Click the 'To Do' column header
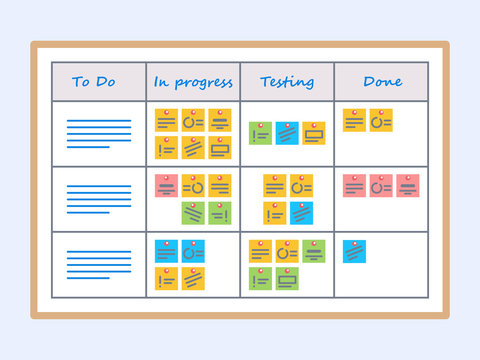pyautogui.click(x=94, y=82)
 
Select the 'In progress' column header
pyautogui.click(x=192, y=82)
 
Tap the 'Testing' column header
pyautogui.click(x=286, y=82)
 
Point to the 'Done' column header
pyautogui.click(x=382, y=82)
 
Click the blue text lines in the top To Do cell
pyautogui.click(x=98, y=133)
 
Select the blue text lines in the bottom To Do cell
pyautogui.click(x=98, y=263)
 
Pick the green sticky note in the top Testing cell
pyautogui.click(x=260, y=133)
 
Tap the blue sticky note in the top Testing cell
pyautogui.click(x=287, y=133)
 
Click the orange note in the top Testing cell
pyautogui.click(x=314, y=133)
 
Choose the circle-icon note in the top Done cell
pyautogui.click(x=381, y=121)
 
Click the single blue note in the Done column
pyautogui.click(x=354, y=251)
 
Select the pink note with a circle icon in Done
pyautogui.click(x=381, y=186)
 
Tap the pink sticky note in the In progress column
pyautogui.click(x=167, y=186)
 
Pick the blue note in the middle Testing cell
pyautogui.click(x=302, y=213)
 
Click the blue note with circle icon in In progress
pyautogui.click(x=194, y=251)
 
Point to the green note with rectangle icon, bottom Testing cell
pyautogui.click(x=287, y=279)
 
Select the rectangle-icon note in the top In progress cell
pyautogui.click(x=221, y=148)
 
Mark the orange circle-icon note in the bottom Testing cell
pyautogui.click(x=287, y=251)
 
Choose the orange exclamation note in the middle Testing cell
pyautogui.click(x=275, y=213)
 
